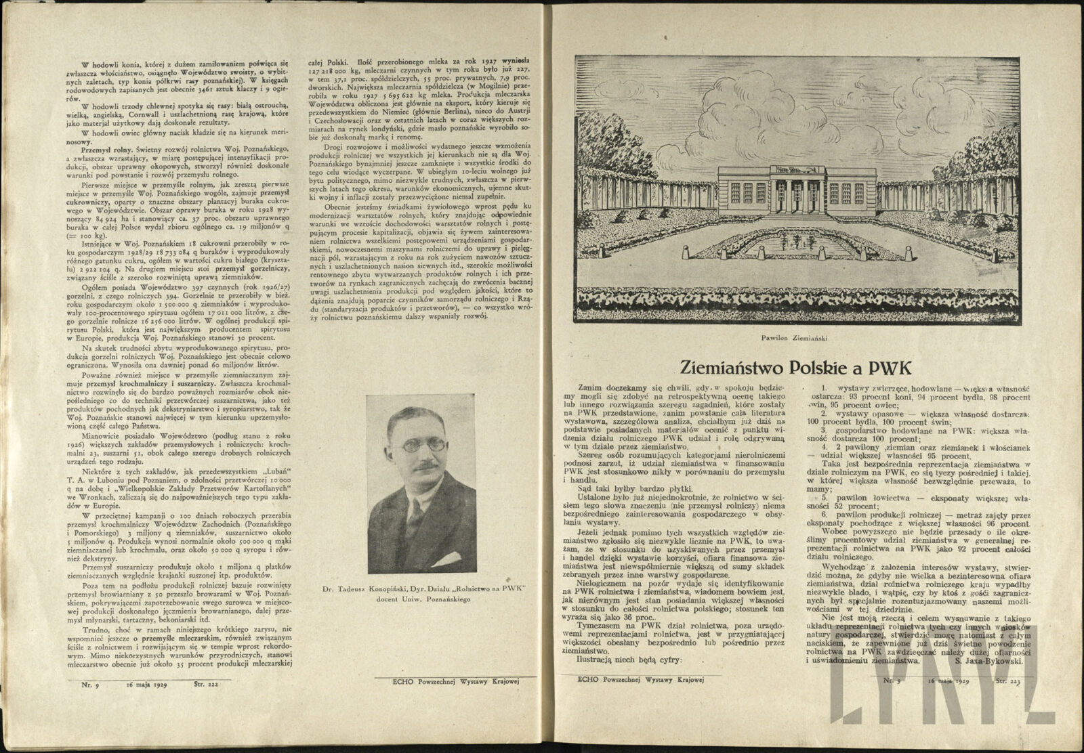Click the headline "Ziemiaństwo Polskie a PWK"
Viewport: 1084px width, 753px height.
[x=795, y=368]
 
